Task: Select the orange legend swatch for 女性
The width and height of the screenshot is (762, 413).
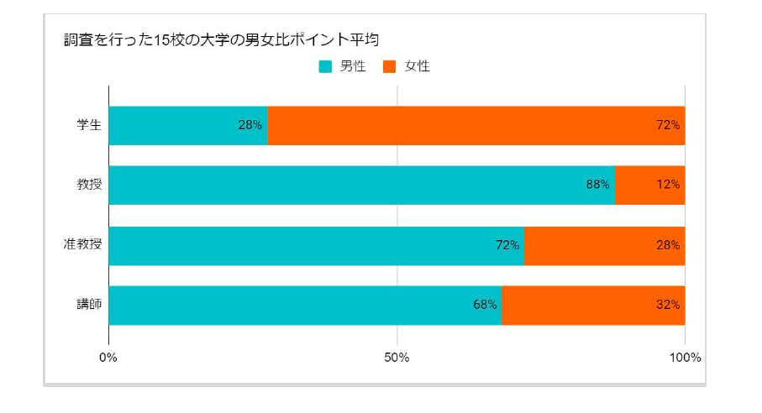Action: [389, 66]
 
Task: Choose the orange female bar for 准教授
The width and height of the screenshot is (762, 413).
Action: [604, 245]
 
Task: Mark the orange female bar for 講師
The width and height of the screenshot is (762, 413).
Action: [593, 305]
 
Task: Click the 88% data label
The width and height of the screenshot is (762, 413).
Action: [597, 185]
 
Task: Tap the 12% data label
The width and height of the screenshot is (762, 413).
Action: [669, 185]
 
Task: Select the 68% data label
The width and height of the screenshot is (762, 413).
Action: [485, 305]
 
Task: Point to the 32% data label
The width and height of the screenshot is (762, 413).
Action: [669, 305]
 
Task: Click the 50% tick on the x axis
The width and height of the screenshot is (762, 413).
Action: [397, 358]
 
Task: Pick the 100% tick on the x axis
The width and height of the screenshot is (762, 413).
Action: [685, 358]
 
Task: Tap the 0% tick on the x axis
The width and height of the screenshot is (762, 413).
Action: [108, 358]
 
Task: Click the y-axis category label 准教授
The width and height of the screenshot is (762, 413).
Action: [82, 245]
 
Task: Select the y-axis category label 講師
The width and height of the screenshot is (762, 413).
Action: [88, 305]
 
